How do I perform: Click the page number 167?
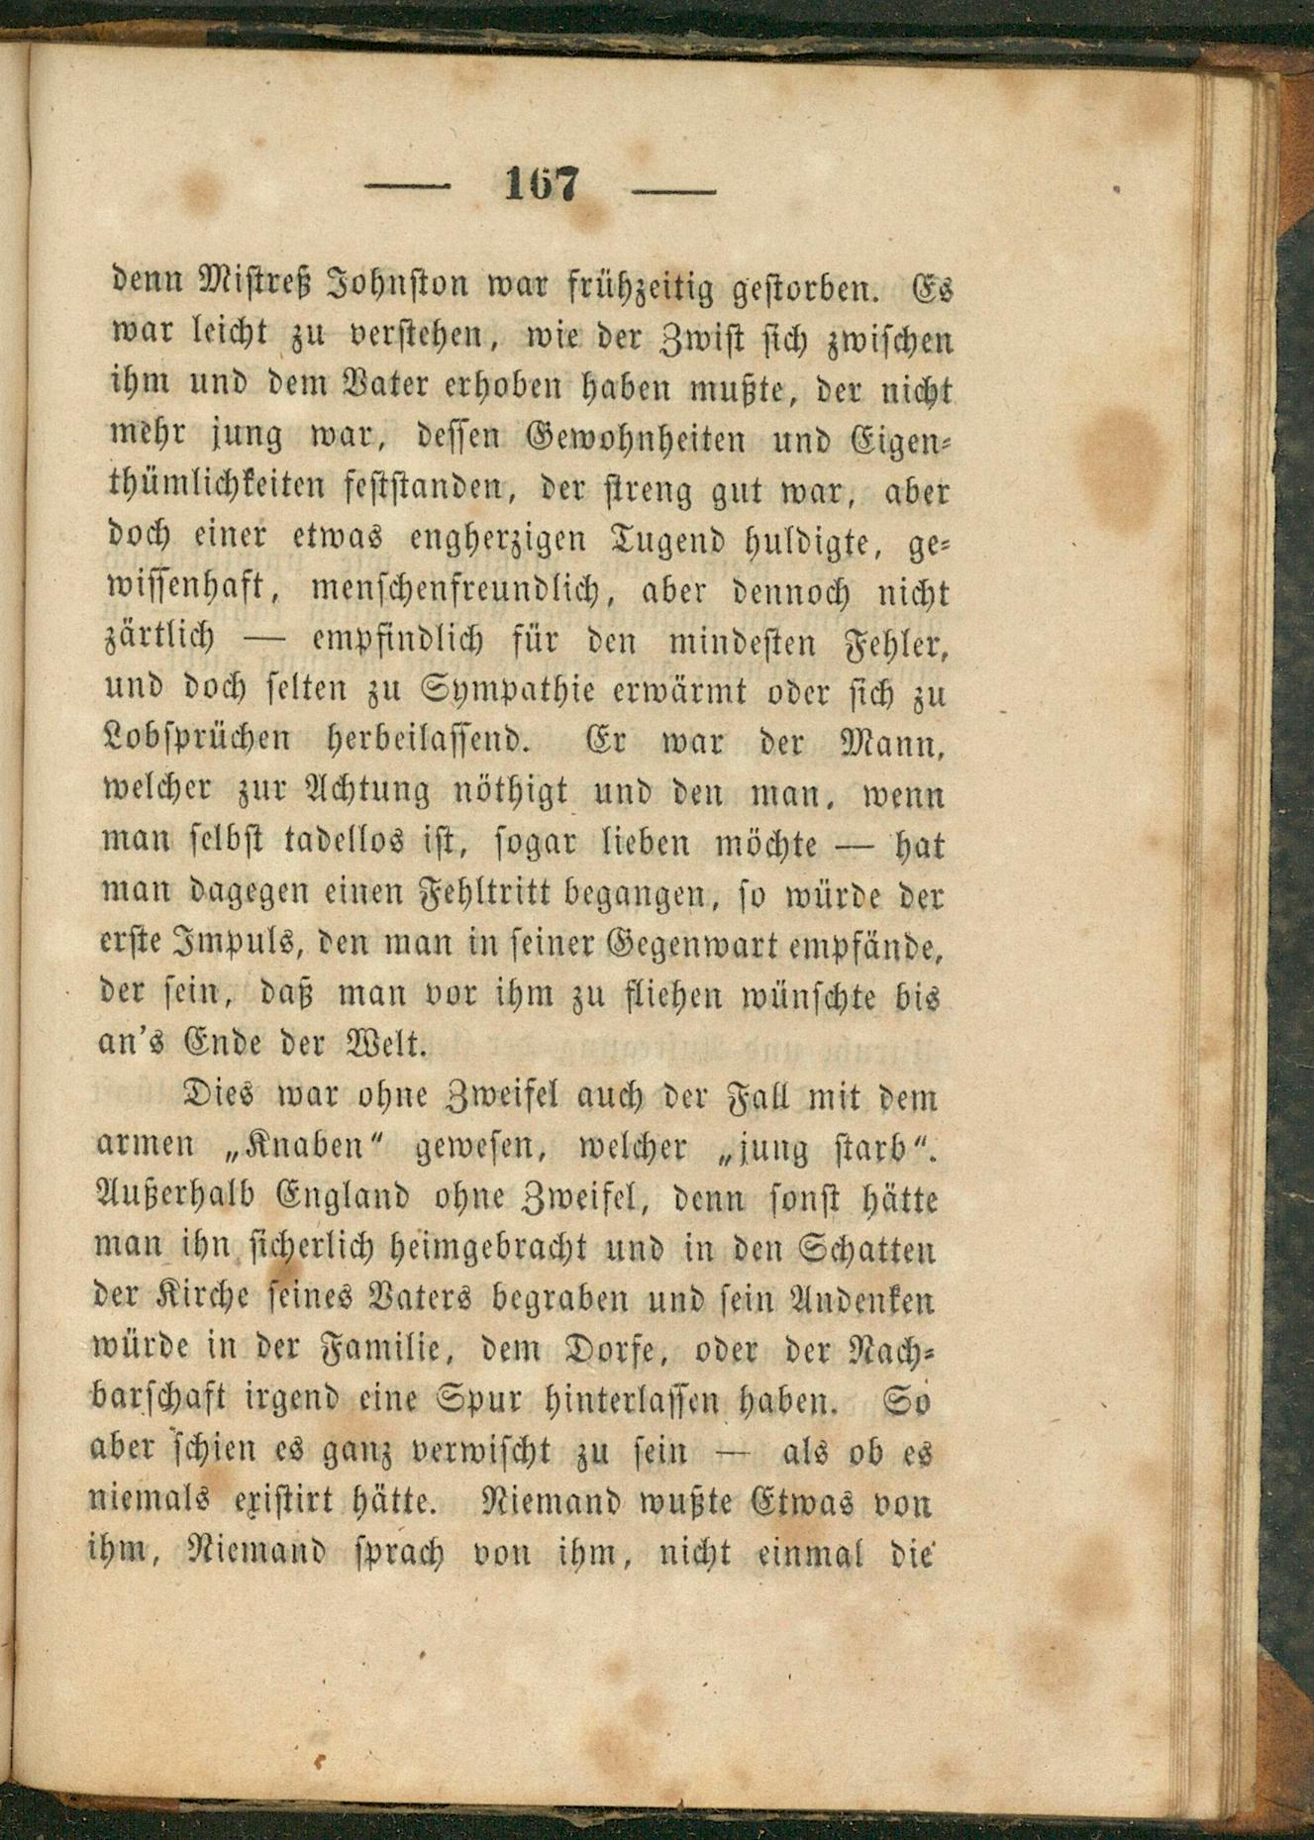pyautogui.click(x=541, y=184)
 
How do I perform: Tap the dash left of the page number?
pyautogui.click(x=408, y=186)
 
